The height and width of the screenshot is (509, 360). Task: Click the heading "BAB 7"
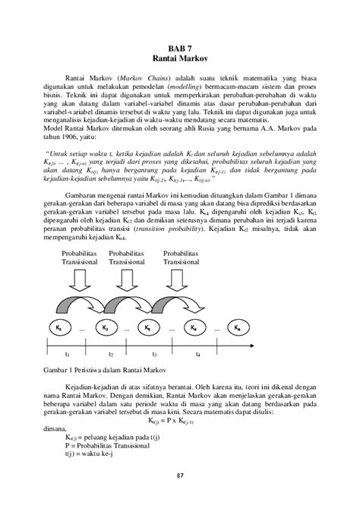180,47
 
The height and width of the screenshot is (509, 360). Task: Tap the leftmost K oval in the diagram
60,327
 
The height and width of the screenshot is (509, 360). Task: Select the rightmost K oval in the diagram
238,327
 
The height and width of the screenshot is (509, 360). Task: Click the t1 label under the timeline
67,354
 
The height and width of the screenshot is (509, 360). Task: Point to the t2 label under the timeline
111,354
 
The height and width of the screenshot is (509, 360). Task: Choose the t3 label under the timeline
154,354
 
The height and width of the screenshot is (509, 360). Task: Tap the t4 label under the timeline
197,354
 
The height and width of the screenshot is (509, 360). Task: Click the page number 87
180,497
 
